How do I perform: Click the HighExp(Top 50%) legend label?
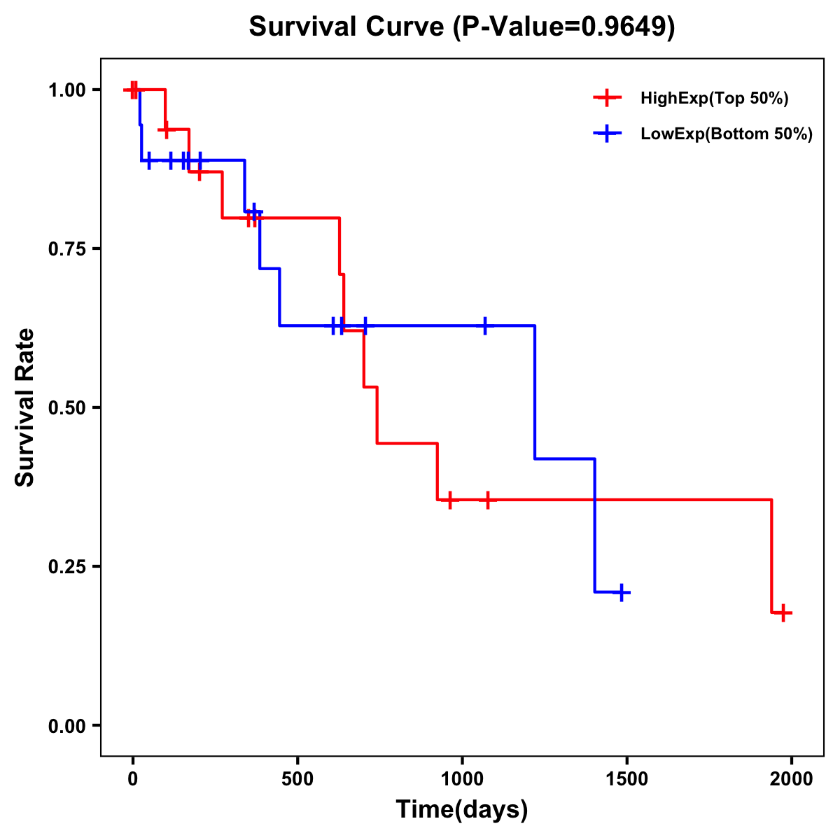point(715,99)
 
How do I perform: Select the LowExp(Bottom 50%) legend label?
point(727,134)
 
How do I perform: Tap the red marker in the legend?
point(608,98)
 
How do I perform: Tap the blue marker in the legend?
point(608,134)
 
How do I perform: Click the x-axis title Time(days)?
point(462,810)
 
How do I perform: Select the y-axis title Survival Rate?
point(26,407)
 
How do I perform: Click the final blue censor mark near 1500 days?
point(620,593)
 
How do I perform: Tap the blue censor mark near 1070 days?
point(485,325)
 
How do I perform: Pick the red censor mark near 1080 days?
point(488,499)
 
